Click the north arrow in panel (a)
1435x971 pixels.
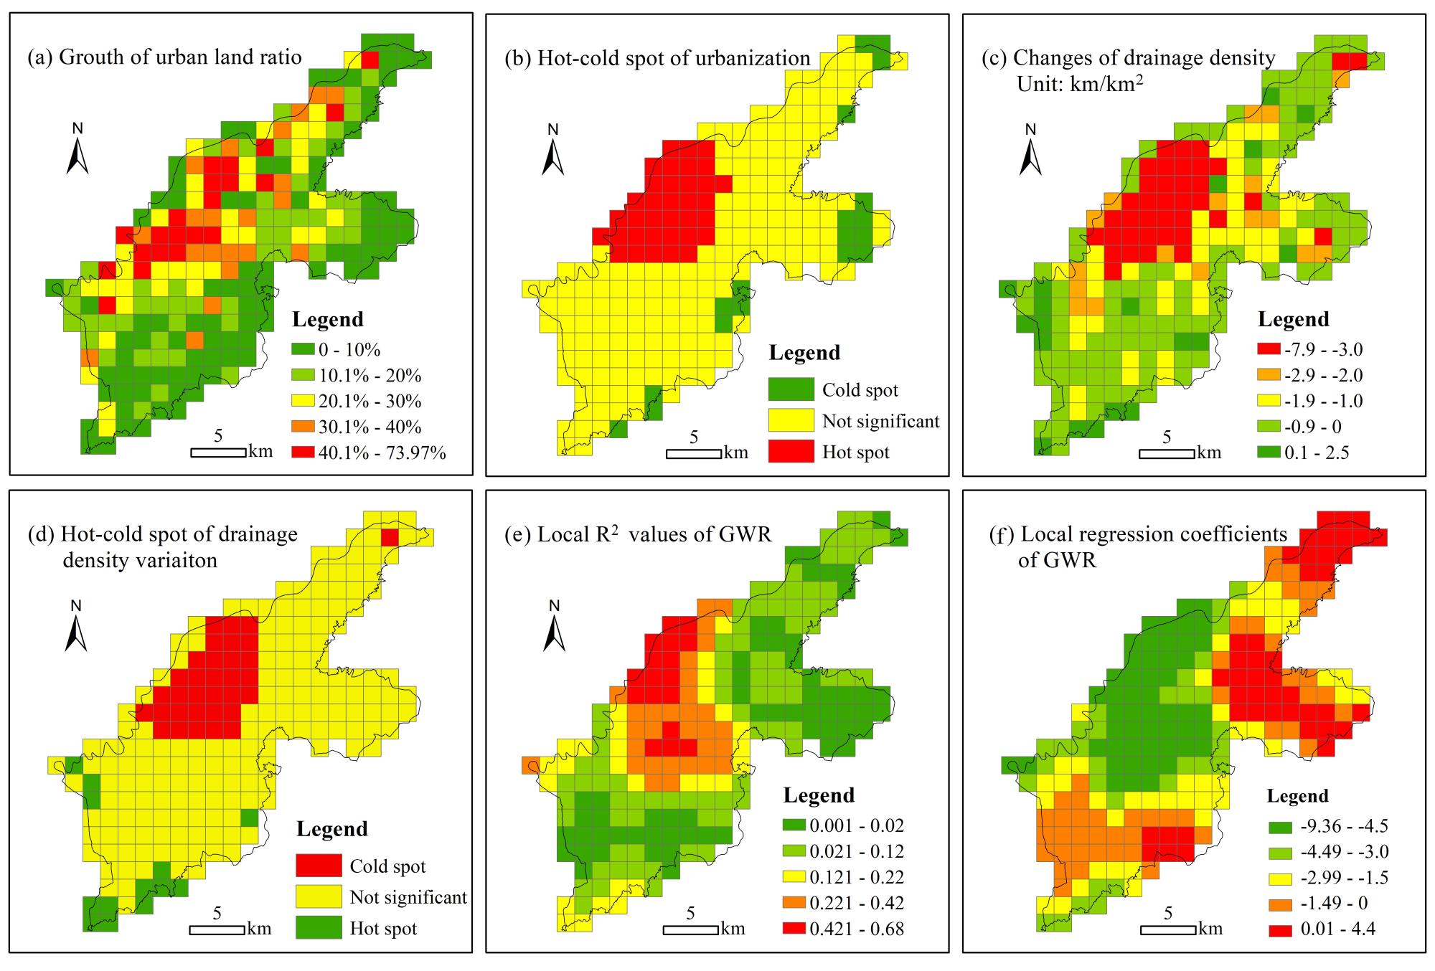pos(77,152)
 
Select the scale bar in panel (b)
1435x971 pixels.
pos(693,454)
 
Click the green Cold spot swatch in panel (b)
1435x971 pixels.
pos(791,389)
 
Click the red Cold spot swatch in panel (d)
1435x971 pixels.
pos(319,866)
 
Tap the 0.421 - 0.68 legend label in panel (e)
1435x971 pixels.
pos(857,929)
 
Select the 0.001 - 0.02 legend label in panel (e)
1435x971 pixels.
pos(857,825)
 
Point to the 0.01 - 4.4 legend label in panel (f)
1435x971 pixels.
pos(1337,929)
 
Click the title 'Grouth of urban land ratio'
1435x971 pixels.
pos(164,57)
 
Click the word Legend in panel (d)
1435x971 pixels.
pos(332,829)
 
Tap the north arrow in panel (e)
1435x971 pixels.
pos(554,628)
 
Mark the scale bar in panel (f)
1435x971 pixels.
pos(1167,930)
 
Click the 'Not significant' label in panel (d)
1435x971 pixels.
pos(408,897)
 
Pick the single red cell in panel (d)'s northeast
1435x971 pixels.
pos(390,537)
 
